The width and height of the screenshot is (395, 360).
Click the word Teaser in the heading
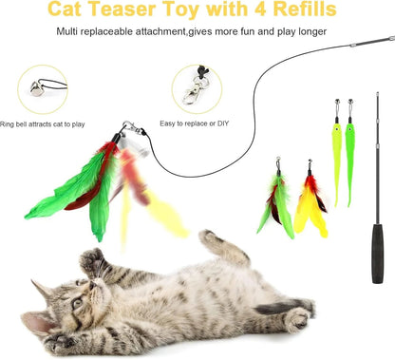tap(125, 11)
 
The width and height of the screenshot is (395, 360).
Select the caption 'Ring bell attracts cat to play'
tap(43, 123)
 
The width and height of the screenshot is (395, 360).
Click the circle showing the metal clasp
tap(198, 89)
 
